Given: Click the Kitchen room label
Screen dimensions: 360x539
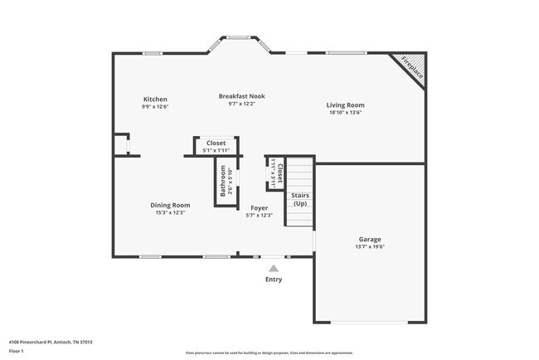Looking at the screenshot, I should tap(155, 99).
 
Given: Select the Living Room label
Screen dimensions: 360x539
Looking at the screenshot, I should tap(345, 105).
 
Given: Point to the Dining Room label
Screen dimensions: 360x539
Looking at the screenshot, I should tap(170, 205).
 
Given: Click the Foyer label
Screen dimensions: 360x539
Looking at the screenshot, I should tap(259, 207).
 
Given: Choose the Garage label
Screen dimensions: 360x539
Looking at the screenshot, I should tap(370, 238).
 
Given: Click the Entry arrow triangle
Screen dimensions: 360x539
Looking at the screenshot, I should tap(274, 267).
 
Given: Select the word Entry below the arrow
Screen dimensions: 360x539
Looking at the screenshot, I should tap(274, 280).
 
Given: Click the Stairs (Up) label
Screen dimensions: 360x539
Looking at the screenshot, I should tap(299, 199).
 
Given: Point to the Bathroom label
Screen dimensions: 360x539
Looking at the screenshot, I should tap(223, 182).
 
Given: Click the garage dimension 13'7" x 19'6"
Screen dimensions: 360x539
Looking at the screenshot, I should tap(370, 246).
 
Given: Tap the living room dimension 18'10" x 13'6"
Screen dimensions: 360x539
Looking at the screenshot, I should tap(345, 113).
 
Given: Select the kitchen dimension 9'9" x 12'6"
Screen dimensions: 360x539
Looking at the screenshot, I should tap(155, 106).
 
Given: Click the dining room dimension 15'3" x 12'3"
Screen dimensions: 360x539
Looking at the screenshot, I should tap(170, 213).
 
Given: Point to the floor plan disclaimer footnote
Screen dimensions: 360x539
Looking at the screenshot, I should tap(269, 353).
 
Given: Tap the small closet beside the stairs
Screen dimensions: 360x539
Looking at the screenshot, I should tap(276, 175).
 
